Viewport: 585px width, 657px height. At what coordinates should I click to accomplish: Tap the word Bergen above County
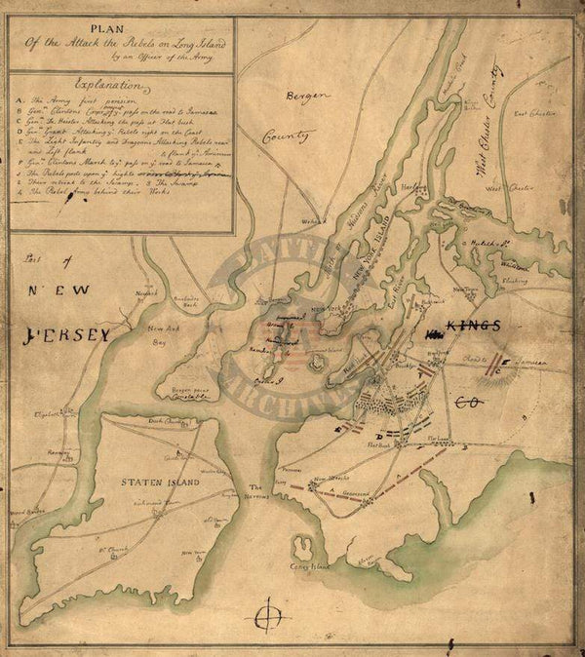click(304, 97)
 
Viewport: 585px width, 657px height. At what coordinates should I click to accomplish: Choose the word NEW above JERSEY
click(58, 290)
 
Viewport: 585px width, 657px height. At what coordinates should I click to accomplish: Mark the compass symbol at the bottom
click(269, 617)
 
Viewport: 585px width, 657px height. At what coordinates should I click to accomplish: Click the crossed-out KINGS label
click(473, 325)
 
